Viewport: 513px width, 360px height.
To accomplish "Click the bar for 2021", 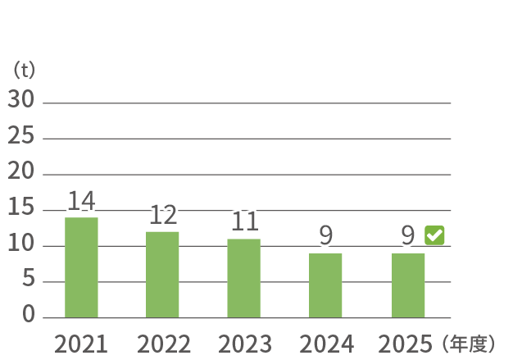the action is [x=81, y=267].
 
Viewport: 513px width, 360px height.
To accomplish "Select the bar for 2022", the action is [x=162, y=275].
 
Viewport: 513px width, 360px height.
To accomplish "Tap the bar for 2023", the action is [x=244, y=278].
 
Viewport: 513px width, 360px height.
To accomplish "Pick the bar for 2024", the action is [x=325, y=285].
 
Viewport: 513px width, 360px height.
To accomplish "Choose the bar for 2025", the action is [x=408, y=285].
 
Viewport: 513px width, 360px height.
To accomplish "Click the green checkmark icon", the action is [x=434, y=235].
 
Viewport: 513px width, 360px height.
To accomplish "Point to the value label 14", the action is [x=81, y=201].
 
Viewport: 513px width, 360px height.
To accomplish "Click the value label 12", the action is [x=163, y=215].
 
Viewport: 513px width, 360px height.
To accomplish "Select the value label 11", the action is [x=245, y=221].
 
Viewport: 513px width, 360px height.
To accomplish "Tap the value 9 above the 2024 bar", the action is [x=326, y=235].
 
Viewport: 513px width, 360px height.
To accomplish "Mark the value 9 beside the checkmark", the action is [x=408, y=235].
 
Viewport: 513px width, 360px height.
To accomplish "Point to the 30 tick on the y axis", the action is [x=21, y=99].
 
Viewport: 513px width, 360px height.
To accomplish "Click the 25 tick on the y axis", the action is [x=21, y=134].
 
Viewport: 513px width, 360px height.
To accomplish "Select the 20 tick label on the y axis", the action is [x=21, y=171].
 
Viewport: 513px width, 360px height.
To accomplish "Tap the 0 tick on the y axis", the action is [x=29, y=313].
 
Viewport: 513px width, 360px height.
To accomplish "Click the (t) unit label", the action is [x=24, y=70].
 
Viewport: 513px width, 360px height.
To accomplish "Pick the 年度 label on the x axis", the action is [x=470, y=344].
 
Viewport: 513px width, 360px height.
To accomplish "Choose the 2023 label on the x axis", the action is [x=245, y=344].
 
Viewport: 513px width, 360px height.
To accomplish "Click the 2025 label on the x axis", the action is [x=405, y=344].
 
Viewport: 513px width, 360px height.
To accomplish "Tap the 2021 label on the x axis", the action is [x=81, y=344].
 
